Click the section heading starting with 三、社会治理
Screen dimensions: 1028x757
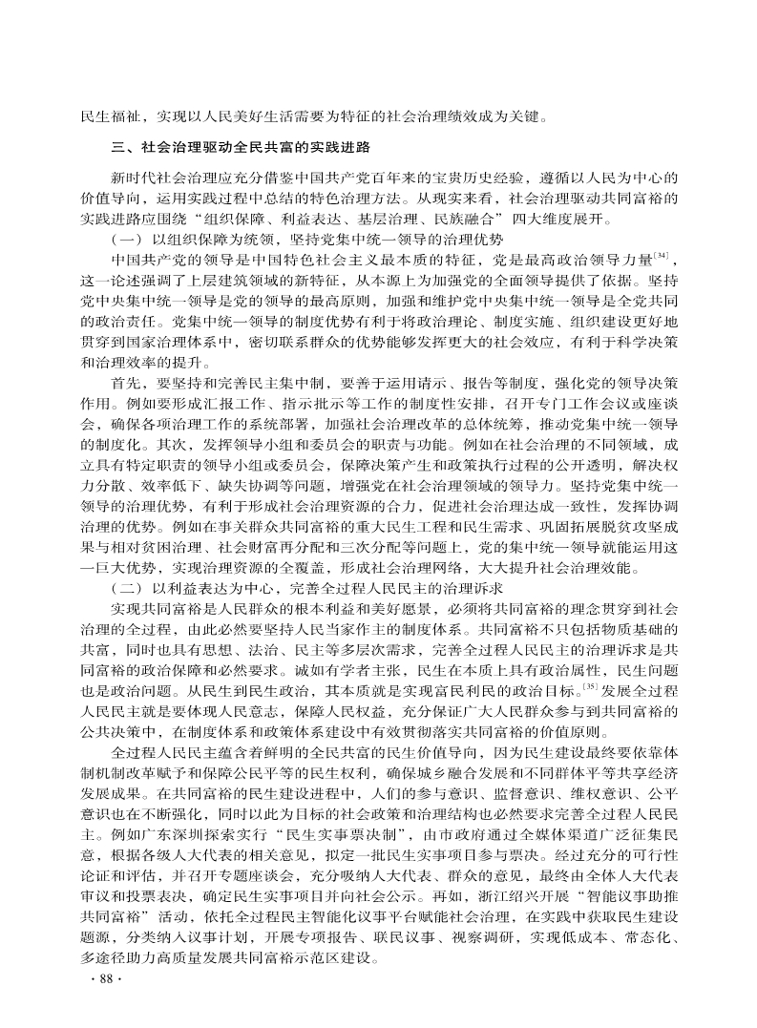click(240, 149)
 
